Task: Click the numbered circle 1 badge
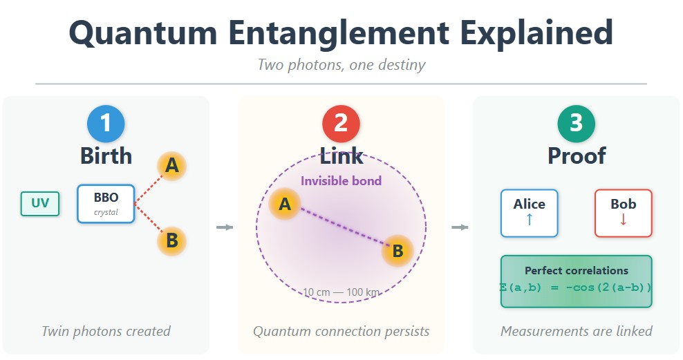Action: [106, 124]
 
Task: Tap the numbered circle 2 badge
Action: [341, 124]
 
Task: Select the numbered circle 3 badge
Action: [576, 124]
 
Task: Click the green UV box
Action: [40, 204]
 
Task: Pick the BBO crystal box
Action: [106, 203]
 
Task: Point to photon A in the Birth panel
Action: [172, 166]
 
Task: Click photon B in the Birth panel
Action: [172, 241]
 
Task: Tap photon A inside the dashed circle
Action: [284, 204]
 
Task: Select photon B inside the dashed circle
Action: [397, 252]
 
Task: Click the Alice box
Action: [529, 213]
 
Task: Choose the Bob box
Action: [623, 213]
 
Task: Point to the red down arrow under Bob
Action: [623, 220]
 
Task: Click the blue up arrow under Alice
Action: [529, 220]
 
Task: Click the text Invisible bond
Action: [341, 181]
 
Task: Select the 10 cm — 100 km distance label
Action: [341, 292]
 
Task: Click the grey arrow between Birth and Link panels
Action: [224, 227]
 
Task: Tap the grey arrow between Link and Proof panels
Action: [459, 227]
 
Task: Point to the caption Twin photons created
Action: [106, 331]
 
